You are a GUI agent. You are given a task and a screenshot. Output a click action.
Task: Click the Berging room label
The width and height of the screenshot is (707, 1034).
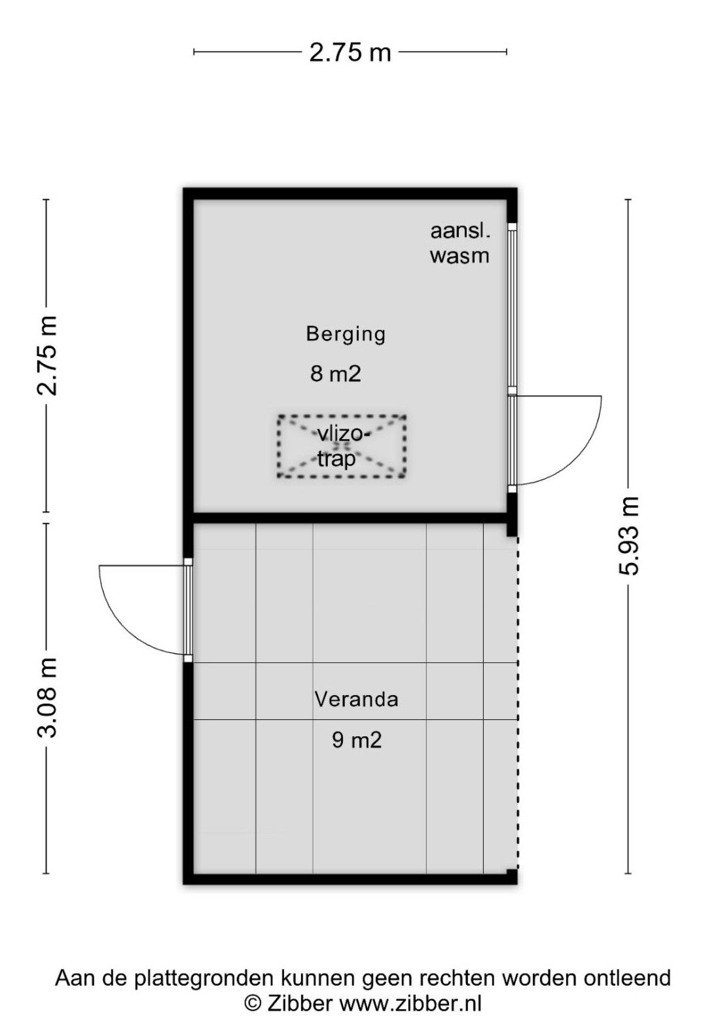[346, 334]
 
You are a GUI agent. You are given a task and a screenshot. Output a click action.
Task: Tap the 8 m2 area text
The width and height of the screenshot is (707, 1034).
[335, 374]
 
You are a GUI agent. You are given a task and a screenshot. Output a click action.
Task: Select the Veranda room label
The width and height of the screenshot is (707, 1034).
[356, 699]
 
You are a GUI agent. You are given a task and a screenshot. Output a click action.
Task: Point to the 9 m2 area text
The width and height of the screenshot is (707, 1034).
[357, 740]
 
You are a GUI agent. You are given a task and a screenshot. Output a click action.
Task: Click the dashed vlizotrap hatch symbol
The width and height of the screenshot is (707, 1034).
[342, 446]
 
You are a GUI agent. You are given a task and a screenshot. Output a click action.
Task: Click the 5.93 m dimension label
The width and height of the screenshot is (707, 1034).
[628, 536]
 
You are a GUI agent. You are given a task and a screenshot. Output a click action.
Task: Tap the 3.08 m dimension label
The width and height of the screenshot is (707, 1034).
[46, 698]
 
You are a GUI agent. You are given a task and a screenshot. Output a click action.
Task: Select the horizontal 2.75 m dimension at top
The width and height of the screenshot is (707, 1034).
[350, 52]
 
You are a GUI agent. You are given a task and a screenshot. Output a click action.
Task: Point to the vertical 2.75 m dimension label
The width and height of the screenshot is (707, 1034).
[46, 356]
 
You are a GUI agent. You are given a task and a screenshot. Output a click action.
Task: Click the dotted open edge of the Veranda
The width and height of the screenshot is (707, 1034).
[517, 703]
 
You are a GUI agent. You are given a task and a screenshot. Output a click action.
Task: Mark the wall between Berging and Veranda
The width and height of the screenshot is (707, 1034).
[350, 517]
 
